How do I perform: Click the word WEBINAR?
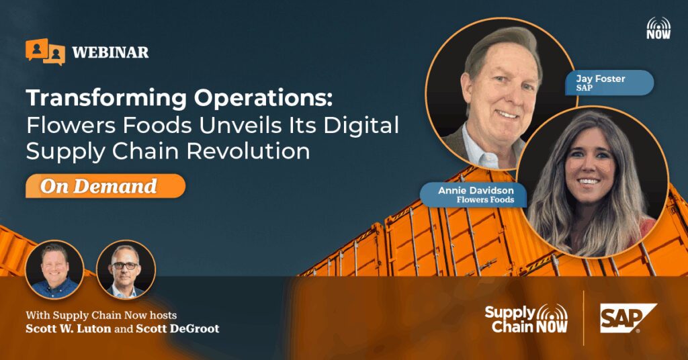(x=110, y=52)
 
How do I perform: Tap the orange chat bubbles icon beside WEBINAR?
(x=45, y=52)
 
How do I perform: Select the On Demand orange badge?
(x=105, y=186)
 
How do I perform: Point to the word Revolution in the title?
(x=248, y=151)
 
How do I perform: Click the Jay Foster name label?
(x=614, y=83)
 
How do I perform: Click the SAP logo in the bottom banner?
(x=628, y=318)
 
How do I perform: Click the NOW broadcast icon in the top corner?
(x=658, y=28)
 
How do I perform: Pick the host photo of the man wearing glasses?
(x=126, y=269)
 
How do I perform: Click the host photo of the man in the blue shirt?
(x=54, y=269)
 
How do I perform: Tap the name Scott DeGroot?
(x=177, y=328)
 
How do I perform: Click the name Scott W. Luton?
(x=68, y=328)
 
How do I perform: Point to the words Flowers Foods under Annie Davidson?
(x=485, y=200)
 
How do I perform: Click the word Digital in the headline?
(x=361, y=124)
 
